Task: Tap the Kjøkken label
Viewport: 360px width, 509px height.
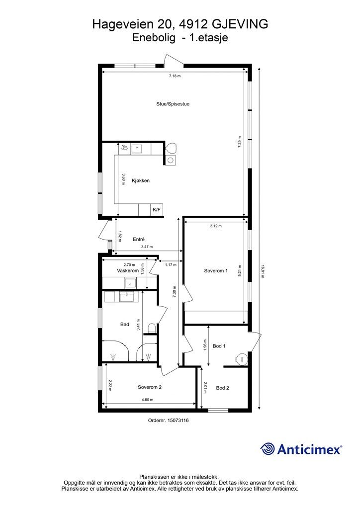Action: (x=141, y=180)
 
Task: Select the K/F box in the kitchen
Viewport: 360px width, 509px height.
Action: (x=157, y=210)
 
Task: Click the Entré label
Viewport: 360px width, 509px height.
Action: (x=139, y=239)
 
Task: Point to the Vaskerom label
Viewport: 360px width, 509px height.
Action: (x=128, y=270)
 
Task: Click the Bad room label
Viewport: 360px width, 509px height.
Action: (x=125, y=324)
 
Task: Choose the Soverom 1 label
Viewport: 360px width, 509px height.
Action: (x=216, y=271)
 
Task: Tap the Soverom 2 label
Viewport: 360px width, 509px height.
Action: (x=150, y=387)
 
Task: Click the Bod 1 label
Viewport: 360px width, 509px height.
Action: (x=219, y=346)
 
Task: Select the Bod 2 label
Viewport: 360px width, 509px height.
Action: (x=223, y=388)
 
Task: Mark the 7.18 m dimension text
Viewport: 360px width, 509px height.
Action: (x=175, y=76)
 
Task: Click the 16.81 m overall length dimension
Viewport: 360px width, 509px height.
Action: (x=262, y=272)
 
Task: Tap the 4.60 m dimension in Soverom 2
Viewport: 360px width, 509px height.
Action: (x=147, y=400)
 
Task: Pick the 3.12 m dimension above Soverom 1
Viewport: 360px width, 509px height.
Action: (x=216, y=226)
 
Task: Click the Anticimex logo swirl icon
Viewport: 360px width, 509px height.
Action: (x=268, y=449)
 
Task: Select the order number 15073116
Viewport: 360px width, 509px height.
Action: (x=178, y=421)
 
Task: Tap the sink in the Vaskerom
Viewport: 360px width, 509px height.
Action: (x=131, y=283)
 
